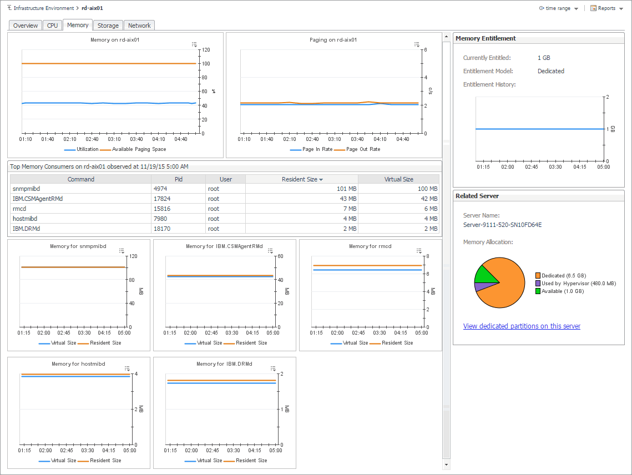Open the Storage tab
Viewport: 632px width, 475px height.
(x=108, y=26)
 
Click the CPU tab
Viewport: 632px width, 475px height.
(x=52, y=26)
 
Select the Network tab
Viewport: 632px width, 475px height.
(x=139, y=26)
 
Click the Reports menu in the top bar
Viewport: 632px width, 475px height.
(x=606, y=8)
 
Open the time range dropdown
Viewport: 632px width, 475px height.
(x=558, y=8)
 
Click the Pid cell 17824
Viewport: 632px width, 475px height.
(x=162, y=199)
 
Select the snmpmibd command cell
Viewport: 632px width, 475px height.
(x=27, y=189)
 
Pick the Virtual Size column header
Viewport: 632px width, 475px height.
(x=398, y=179)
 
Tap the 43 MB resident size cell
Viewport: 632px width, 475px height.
(x=347, y=199)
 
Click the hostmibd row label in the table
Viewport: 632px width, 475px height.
(x=25, y=219)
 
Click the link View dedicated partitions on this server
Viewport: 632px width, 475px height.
(x=522, y=326)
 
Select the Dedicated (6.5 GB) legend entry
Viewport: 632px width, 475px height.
(x=563, y=276)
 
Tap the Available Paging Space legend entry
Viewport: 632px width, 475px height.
(x=139, y=149)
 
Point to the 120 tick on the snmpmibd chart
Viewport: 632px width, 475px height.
(x=133, y=256)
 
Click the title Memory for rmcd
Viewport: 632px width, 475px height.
(x=370, y=246)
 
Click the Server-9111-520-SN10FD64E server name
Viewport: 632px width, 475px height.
(x=502, y=225)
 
